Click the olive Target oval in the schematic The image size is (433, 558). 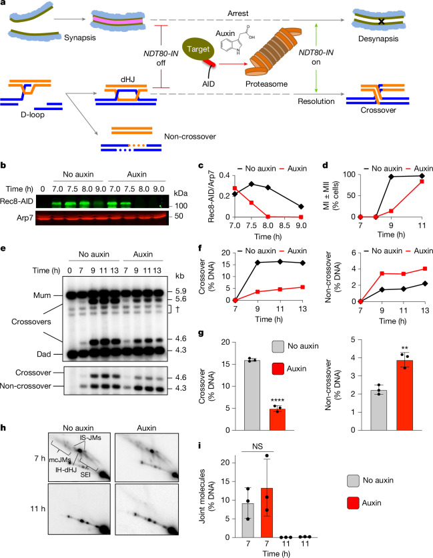pos(198,50)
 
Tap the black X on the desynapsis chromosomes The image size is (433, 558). pos(382,21)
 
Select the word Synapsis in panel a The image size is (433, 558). pos(80,37)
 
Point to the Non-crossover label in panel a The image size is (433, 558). pos(189,136)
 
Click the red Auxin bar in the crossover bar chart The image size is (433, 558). pos(278,419)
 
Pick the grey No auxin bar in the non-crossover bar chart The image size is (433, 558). pos(378,410)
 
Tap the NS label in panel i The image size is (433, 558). pos(258,447)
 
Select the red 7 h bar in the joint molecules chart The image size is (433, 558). pos(267,513)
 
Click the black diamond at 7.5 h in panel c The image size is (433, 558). pos(252,184)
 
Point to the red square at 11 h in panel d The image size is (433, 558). pos(422,181)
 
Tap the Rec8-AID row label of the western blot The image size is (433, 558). pos(17,201)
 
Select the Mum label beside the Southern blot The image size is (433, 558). pos(42,295)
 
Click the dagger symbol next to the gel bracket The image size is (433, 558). pos(177,309)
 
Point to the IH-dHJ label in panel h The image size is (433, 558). pos(66,470)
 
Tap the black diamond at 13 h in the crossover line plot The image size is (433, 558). pos(303,263)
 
